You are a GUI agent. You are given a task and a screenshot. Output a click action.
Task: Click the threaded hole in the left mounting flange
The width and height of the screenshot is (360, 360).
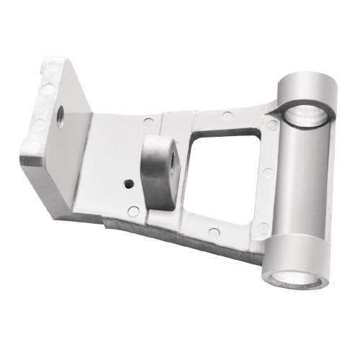click(x=59, y=113)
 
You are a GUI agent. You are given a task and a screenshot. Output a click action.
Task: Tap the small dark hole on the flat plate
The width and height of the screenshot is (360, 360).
click(x=128, y=183)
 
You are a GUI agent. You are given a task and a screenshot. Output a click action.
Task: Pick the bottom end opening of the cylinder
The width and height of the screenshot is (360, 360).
click(x=292, y=274)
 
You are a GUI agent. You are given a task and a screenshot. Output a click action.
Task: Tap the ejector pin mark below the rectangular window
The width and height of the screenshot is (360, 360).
click(x=215, y=232)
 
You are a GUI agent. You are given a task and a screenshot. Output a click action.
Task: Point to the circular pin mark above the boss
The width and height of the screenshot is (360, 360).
click(x=148, y=121)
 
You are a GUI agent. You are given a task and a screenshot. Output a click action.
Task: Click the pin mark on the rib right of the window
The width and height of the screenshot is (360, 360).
click(x=267, y=172)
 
